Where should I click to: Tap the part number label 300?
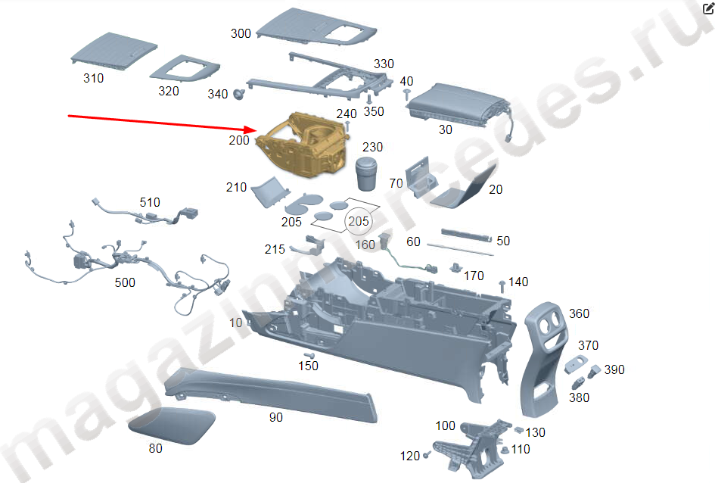click(241, 33)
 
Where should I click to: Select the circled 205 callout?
click(359, 221)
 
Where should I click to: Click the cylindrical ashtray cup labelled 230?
click(366, 174)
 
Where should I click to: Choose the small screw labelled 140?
click(502, 286)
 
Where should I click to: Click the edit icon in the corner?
click(708, 8)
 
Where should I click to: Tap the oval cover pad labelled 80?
click(172, 425)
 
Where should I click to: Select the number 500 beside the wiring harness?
click(125, 283)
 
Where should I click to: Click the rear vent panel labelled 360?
click(545, 358)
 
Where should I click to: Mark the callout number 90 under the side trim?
click(276, 417)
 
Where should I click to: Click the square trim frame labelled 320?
click(185, 69)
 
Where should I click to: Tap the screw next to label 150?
click(309, 355)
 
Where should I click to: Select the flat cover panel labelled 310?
click(114, 51)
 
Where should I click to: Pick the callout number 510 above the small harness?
click(150, 202)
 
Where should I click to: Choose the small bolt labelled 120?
click(427, 455)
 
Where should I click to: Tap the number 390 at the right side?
click(614, 369)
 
